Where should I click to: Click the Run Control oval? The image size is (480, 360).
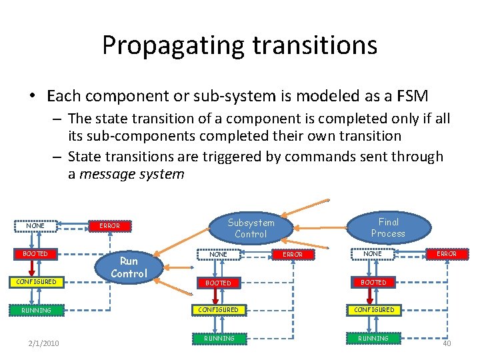click(x=129, y=267)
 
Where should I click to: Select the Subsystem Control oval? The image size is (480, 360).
click(x=251, y=228)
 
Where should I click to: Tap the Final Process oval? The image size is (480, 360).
click(x=388, y=227)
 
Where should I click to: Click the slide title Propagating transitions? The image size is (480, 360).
click(x=239, y=45)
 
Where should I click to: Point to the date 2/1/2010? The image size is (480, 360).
click(x=43, y=343)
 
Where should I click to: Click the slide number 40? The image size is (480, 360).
click(x=447, y=343)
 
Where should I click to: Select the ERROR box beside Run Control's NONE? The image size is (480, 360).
click(x=109, y=226)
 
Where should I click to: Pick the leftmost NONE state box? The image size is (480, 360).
click(x=35, y=226)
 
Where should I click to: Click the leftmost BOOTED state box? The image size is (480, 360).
click(x=35, y=254)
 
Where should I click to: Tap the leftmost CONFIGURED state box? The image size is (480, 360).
click(x=35, y=282)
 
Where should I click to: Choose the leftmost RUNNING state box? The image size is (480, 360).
click(x=35, y=310)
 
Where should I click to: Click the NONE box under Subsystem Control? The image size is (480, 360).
click(x=219, y=254)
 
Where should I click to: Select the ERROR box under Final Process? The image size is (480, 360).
click(x=446, y=254)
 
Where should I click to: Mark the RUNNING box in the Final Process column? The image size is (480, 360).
click(x=373, y=338)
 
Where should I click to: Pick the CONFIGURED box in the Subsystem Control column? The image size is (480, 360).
click(x=219, y=310)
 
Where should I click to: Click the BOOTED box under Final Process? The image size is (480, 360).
click(x=373, y=282)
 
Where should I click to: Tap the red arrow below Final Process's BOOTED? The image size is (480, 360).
click(x=371, y=296)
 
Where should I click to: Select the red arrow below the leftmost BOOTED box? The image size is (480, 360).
click(x=32, y=268)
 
